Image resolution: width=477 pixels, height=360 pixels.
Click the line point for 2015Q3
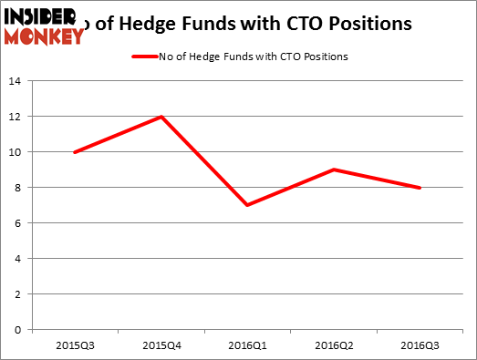pos(73,152)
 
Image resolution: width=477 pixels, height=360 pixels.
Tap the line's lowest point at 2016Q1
pos(246,205)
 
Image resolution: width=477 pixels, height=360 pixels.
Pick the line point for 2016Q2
pos(335,170)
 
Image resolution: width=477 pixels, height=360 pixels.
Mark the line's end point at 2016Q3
pos(420,188)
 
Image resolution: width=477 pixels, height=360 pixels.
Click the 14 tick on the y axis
pos(16,82)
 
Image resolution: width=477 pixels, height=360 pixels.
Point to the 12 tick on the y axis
pos(16,118)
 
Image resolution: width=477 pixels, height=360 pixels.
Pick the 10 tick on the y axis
pos(16,152)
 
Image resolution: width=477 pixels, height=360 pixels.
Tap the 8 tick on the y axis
pos(18,188)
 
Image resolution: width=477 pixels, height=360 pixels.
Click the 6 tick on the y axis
pos(18,223)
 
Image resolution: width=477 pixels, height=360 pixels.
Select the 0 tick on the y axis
pos(18,330)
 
